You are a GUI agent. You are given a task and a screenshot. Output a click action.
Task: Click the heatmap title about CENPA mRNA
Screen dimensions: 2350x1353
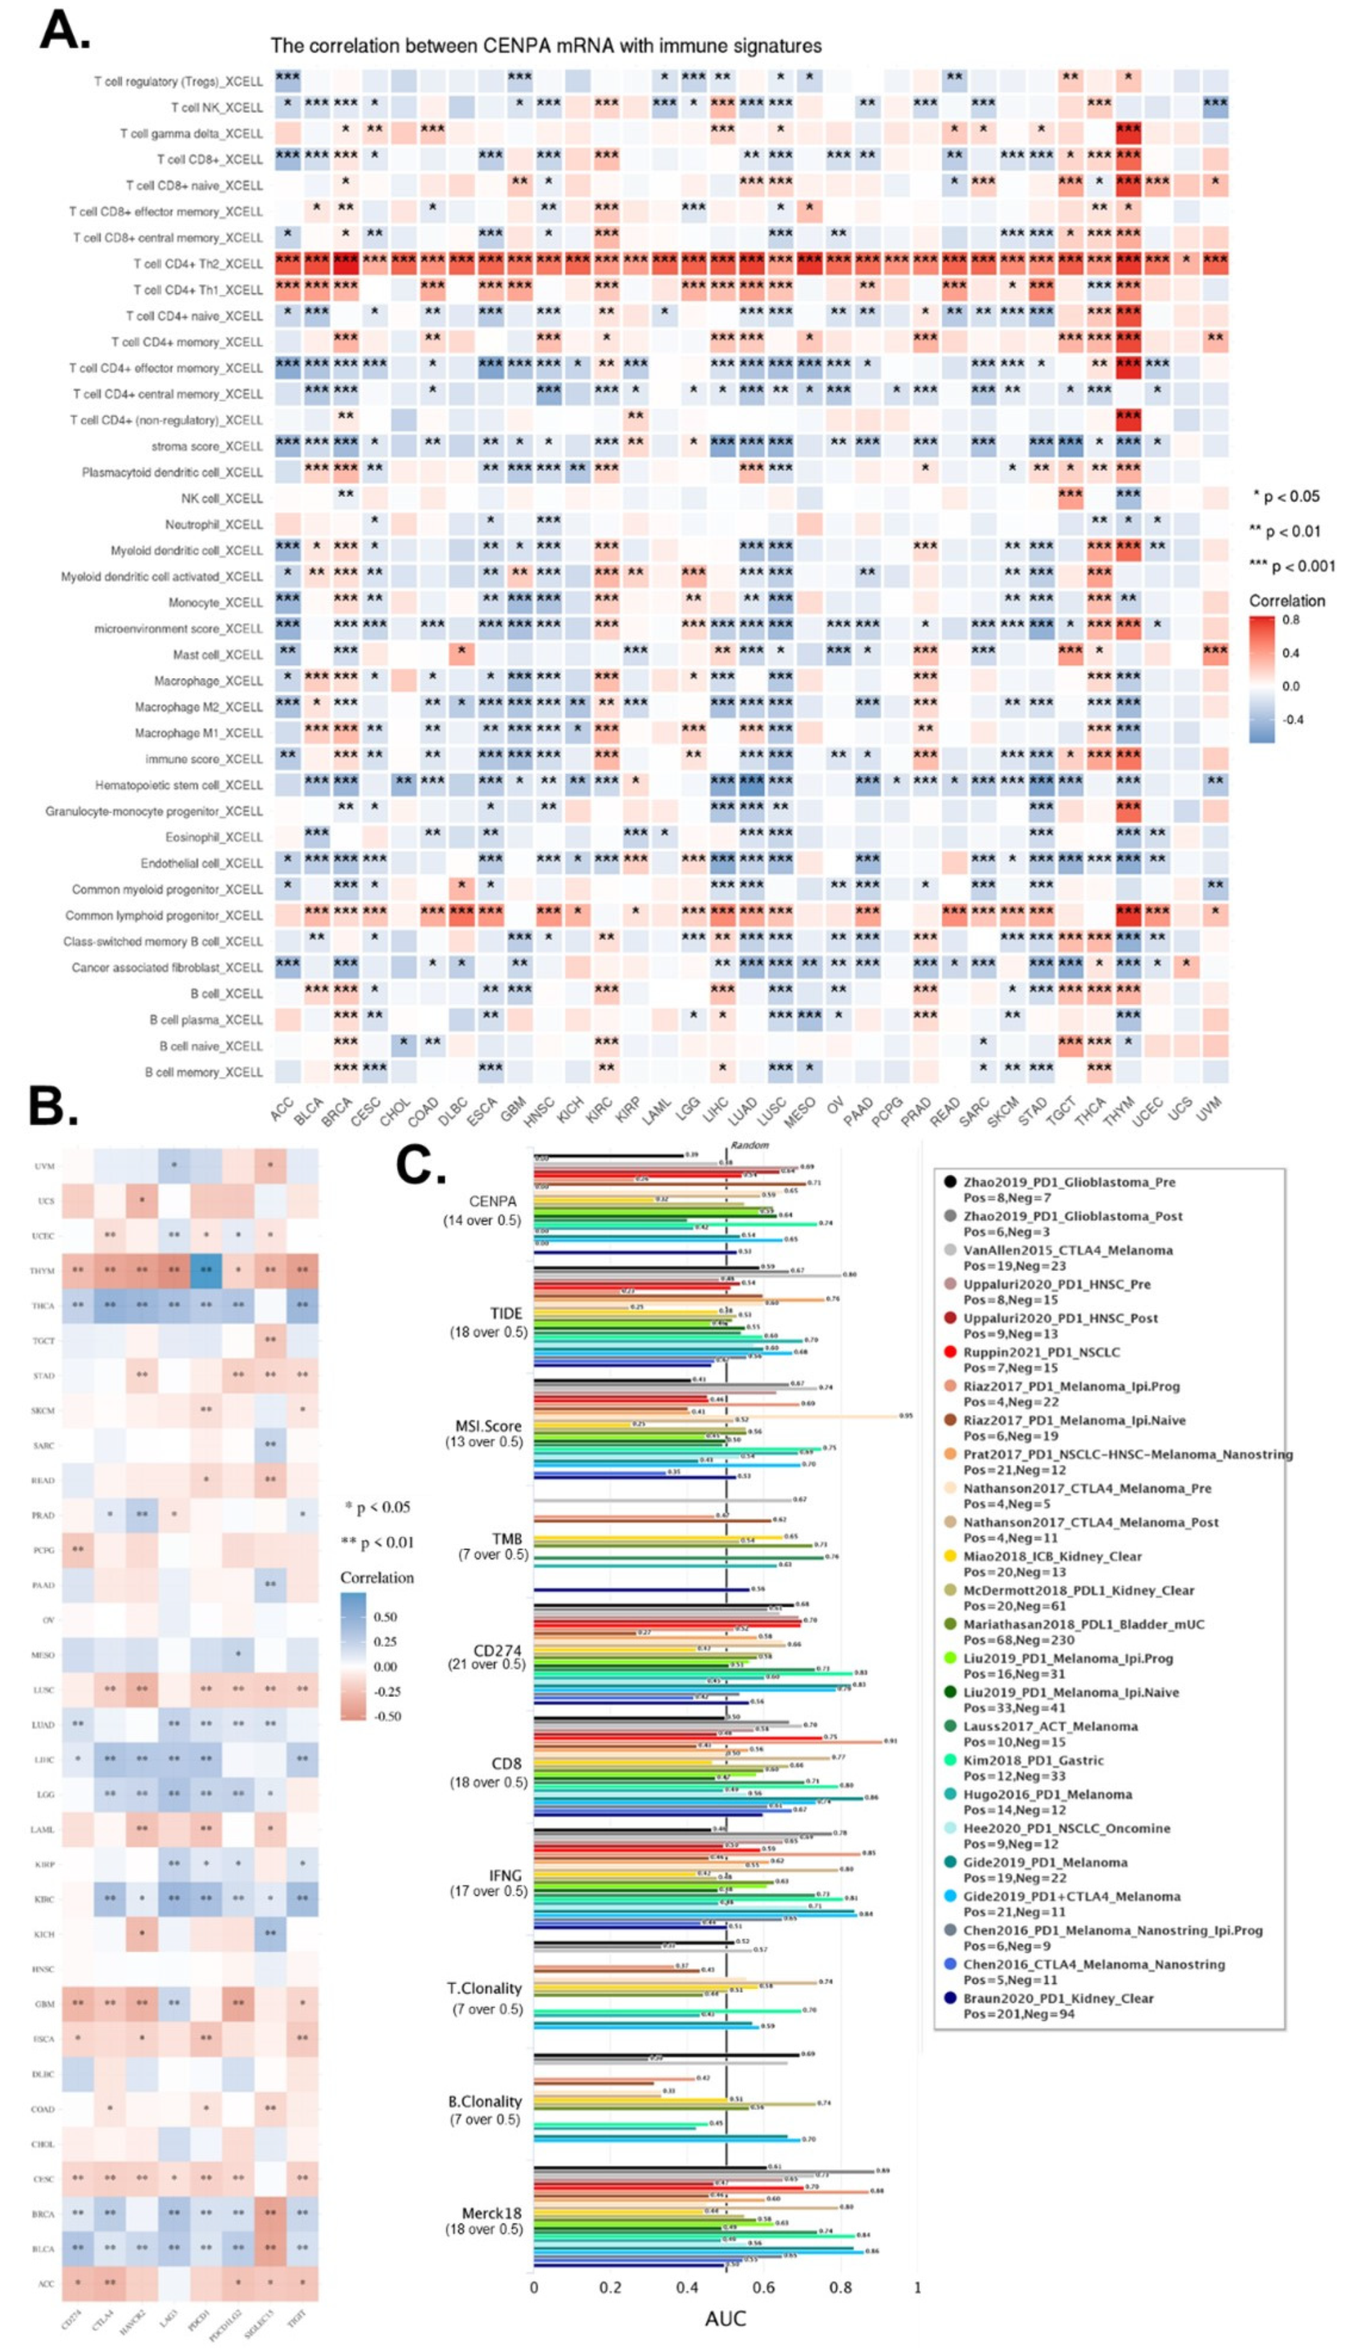coord(545,46)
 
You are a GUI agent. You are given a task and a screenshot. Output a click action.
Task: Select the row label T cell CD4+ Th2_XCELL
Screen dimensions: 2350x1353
coord(198,264)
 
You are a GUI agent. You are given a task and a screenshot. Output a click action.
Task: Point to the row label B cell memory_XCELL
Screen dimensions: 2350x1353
coord(204,1072)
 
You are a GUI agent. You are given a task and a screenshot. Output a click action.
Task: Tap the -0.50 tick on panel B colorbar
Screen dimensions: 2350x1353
coord(388,1716)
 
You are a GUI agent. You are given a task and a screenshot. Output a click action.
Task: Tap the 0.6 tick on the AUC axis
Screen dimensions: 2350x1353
coord(764,2287)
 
